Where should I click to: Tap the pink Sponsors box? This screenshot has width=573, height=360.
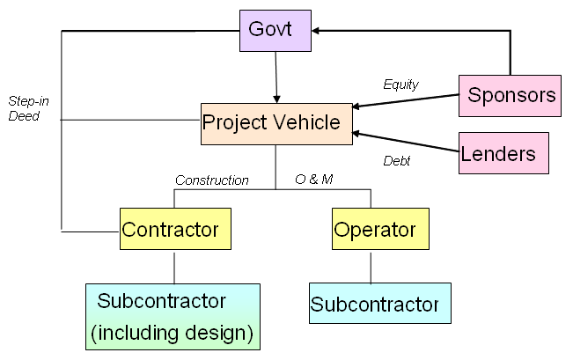tap(510, 95)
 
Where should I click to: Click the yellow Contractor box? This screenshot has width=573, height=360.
tap(175, 230)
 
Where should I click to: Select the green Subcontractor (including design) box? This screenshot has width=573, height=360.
tap(173, 316)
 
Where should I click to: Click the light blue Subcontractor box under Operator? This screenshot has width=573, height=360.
tap(378, 304)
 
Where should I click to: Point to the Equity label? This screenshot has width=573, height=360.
tap(400, 84)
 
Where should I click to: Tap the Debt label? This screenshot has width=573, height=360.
tap(397, 161)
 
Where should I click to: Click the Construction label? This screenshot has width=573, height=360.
tap(211, 180)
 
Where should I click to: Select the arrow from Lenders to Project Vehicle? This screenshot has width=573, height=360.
tap(405, 144)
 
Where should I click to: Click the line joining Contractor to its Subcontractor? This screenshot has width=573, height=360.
tap(174, 268)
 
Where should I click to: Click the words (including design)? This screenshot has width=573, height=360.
tap(172, 333)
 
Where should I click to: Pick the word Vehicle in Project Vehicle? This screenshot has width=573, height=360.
tap(307, 123)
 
